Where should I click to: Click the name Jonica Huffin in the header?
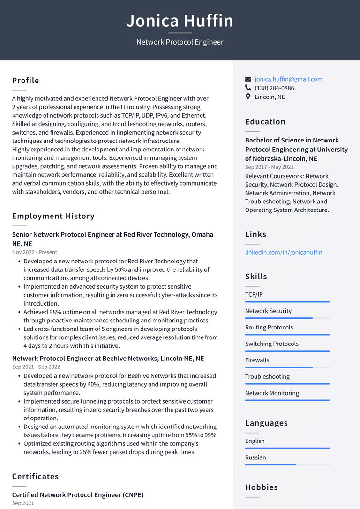[x=180, y=21]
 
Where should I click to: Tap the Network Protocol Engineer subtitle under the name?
[x=180, y=42]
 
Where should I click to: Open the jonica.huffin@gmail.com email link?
[x=288, y=79]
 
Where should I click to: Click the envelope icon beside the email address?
[x=248, y=79]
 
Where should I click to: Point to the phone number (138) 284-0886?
[x=274, y=88]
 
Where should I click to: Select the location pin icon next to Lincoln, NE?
[x=248, y=97]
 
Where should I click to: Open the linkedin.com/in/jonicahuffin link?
[x=284, y=252]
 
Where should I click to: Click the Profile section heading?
[x=26, y=81]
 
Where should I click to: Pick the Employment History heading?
[x=53, y=216]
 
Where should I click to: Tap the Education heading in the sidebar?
[x=265, y=122]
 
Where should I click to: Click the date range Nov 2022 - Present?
[x=35, y=252]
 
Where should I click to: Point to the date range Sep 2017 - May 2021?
[x=270, y=167]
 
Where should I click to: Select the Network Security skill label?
[x=268, y=311]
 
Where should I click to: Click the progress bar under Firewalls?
[x=287, y=367]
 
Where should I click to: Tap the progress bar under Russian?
[x=287, y=464]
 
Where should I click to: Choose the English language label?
[x=255, y=441]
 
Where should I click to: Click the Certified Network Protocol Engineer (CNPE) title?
[x=78, y=495]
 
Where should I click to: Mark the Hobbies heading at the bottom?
[x=262, y=487]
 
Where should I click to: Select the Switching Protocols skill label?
[x=272, y=344]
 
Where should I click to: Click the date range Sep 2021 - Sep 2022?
[x=36, y=367]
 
